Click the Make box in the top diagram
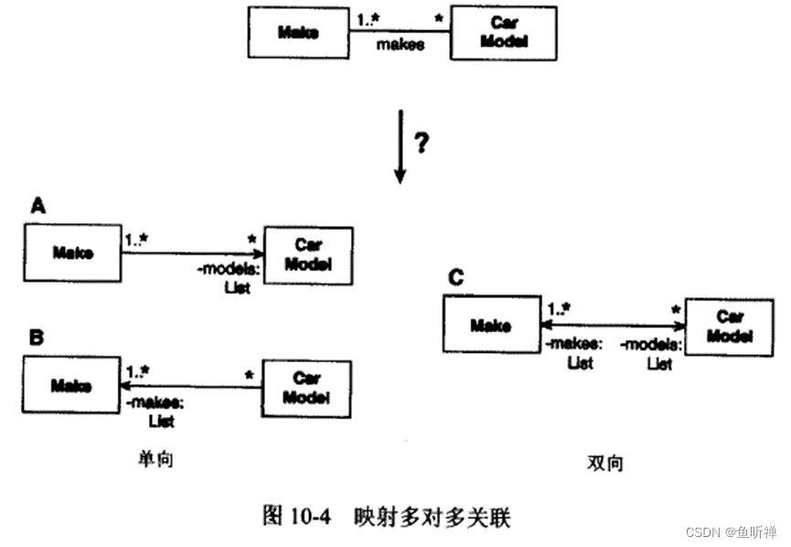click(x=298, y=33)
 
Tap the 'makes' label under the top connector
click(x=400, y=46)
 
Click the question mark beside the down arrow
click(x=422, y=144)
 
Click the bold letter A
click(x=37, y=207)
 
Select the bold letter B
click(x=37, y=338)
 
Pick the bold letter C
click(x=455, y=277)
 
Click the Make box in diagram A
click(x=72, y=252)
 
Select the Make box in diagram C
click(x=490, y=325)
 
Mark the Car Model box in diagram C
click(x=730, y=327)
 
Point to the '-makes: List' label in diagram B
click(x=158, y=412)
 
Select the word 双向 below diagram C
click(x=604, y=463)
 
